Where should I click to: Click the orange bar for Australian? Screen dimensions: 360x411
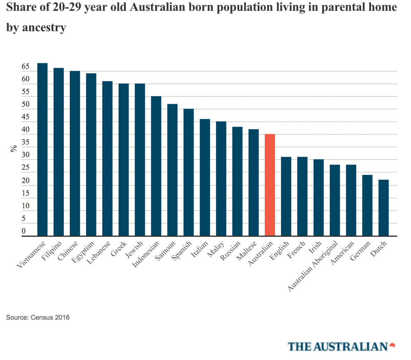(x=270, y=185)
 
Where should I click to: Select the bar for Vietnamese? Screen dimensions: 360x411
(x=43, y=149)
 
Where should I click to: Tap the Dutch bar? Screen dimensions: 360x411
(x=384, y=207)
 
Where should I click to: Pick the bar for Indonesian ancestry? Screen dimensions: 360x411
(x=156, y=166)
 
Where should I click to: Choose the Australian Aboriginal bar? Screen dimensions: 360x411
(x=335, y=200)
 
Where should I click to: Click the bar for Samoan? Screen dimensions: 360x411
(x=173, y=170)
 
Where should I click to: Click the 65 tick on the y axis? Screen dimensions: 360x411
(x=26, y=67)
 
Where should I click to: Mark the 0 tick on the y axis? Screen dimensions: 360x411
(x=24, y=231)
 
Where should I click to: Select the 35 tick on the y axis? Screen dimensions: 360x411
(x=26, y=143)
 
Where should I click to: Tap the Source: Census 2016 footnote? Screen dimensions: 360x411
(x=38, y=317)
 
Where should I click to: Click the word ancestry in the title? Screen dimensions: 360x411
(x=44, y=28)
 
